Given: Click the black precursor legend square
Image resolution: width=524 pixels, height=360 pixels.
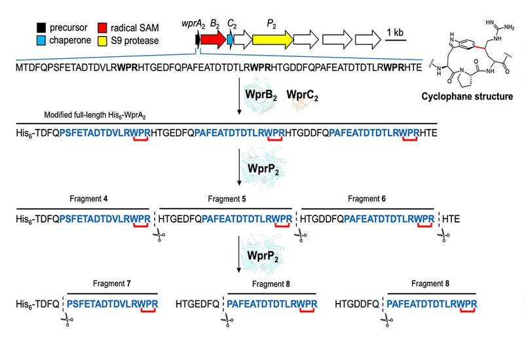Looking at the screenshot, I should (41, 29).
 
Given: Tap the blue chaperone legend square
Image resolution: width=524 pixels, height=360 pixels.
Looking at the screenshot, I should (41, 42).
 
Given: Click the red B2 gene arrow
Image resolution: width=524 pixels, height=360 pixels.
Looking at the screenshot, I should (212, 40).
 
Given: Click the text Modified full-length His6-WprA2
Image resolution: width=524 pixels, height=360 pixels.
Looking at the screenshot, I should (94, 115).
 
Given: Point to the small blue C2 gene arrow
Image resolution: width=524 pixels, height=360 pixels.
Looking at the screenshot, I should (231, 40).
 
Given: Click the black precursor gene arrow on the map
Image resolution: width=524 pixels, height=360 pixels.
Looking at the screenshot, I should (197, 40).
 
